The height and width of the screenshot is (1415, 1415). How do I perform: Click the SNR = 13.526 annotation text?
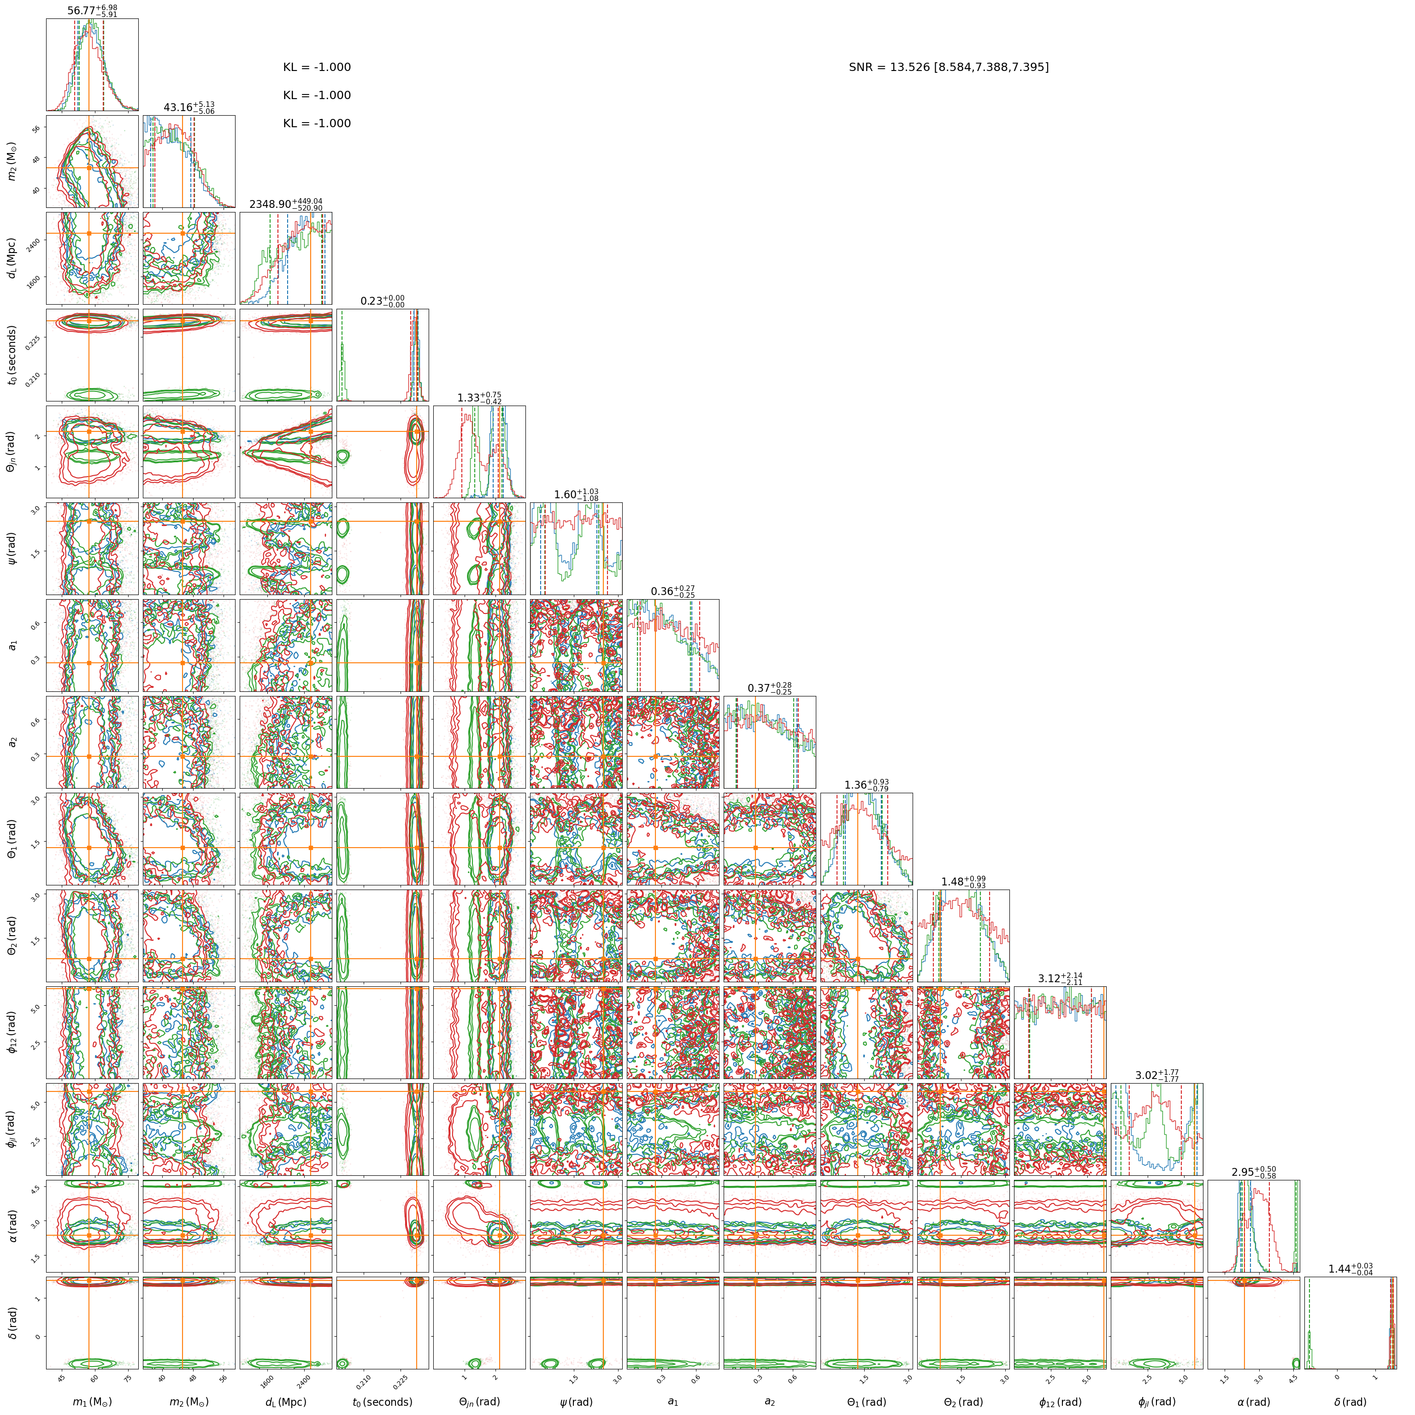point(949,67)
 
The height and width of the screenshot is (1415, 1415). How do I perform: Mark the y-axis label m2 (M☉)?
point(12,162)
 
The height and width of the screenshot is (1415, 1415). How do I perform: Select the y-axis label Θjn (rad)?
point(12,452)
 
